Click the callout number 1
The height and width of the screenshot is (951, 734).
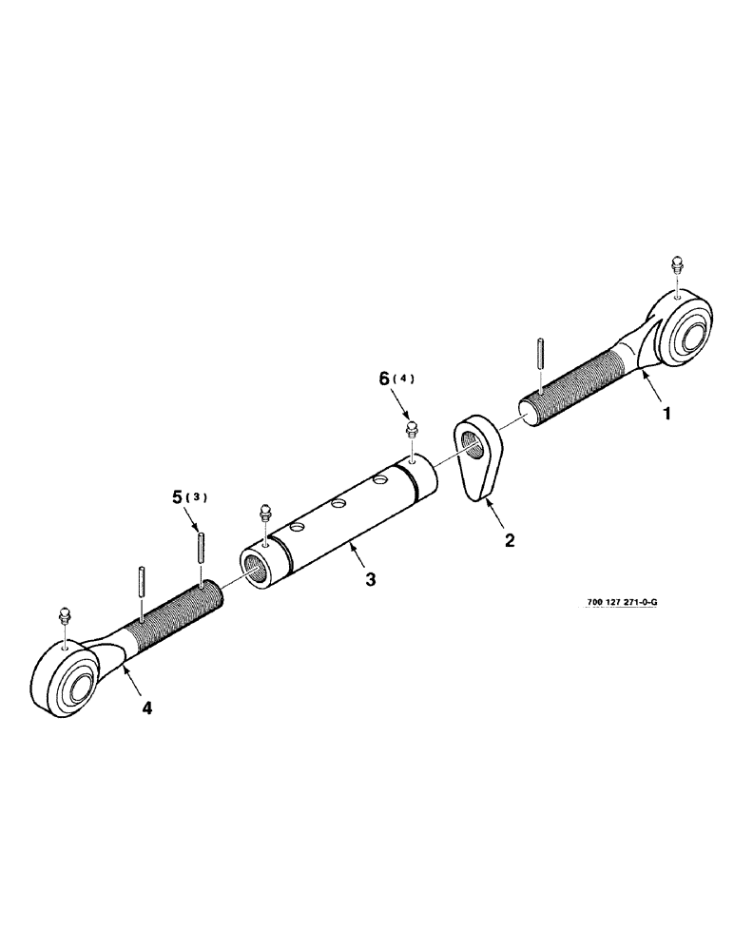tap(669, 414)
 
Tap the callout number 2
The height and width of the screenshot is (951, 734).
tap(510, 540)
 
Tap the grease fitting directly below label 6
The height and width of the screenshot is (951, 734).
tap(412, 429)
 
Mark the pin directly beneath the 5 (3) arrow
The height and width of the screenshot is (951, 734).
tap(203, 549)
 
